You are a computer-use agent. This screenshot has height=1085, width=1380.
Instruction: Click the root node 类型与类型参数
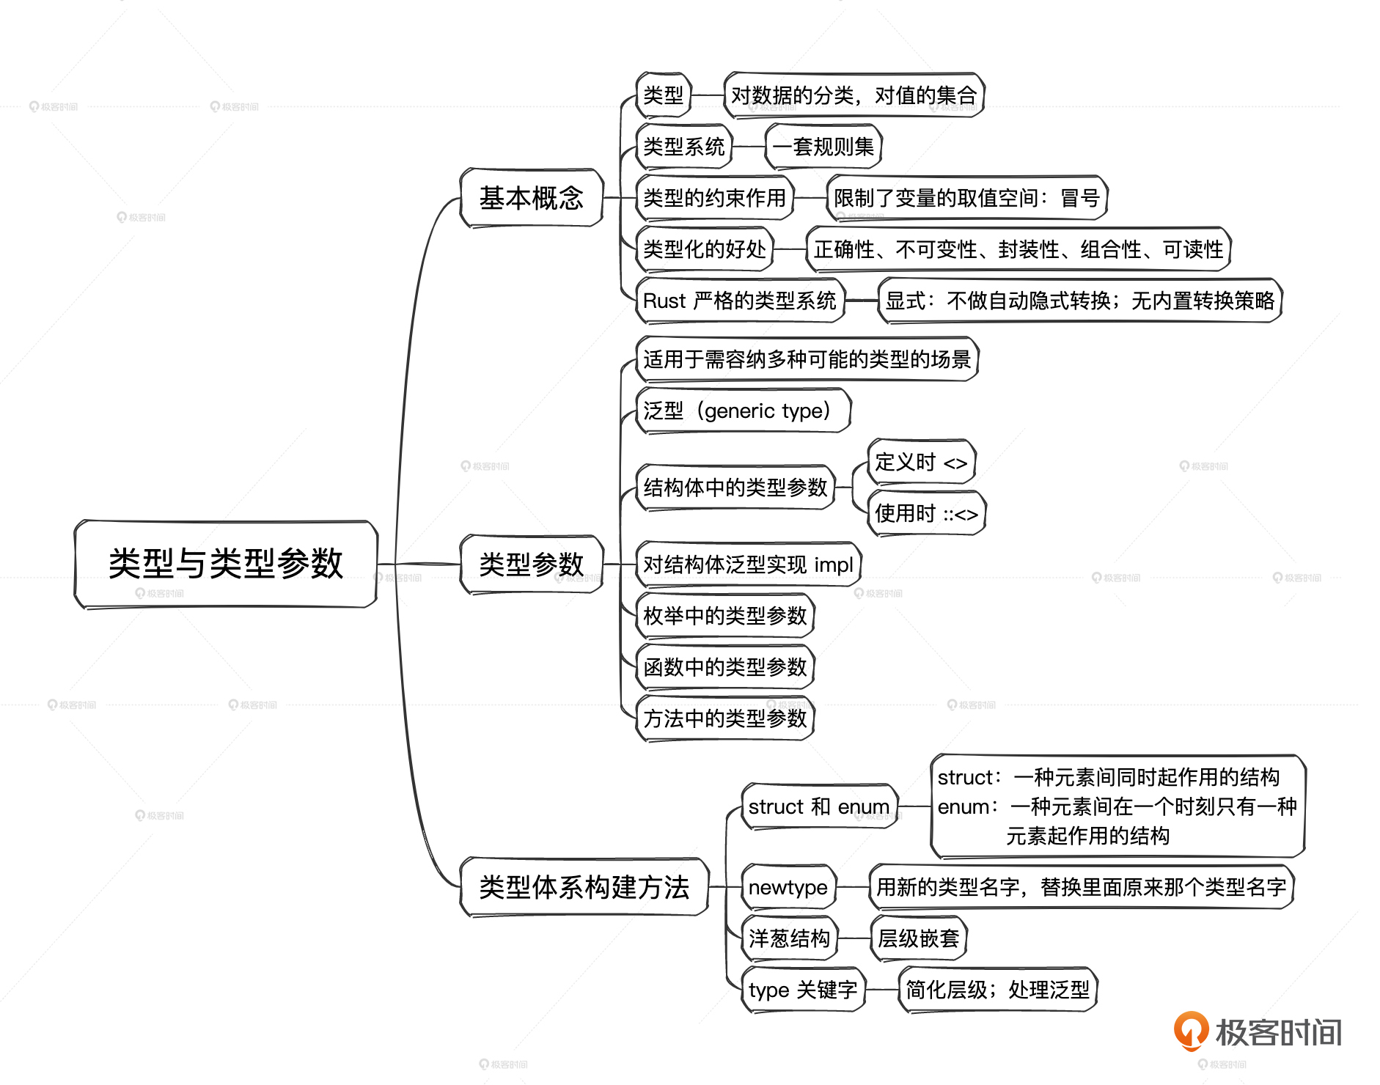click(226, 564)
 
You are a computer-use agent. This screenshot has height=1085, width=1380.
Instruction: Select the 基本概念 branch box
click(531, 198)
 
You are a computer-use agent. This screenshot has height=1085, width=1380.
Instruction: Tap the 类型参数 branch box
click(531, 564)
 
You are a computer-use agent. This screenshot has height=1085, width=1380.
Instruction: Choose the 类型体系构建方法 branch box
click(584, 887)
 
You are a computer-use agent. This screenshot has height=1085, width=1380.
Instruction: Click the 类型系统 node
click(683, 147)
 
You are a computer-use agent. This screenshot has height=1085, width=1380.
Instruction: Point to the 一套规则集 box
click(823, 147)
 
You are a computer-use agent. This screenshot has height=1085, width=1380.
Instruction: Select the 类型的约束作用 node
click(714, 198)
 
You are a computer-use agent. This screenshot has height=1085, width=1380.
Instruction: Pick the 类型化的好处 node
click(704, 249)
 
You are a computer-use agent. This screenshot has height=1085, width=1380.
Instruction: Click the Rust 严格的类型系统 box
click(739, 301)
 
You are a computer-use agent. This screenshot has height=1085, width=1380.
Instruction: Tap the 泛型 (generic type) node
click(742, 411)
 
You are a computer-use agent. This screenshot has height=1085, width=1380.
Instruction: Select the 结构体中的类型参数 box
click(735, 487)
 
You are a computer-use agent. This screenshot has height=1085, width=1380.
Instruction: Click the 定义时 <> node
click(921, 462)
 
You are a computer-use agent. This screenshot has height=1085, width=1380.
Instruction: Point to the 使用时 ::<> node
click(926, 513)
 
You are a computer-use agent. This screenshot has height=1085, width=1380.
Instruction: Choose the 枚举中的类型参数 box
click(724, 616)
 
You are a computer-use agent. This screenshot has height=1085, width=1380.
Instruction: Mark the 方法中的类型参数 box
click(724, 718)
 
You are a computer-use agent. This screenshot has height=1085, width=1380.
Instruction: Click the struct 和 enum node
click(818, 806)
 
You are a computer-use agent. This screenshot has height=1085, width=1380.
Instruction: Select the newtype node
click(788, 887)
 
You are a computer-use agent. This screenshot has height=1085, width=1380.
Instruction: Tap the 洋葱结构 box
click(789, 938)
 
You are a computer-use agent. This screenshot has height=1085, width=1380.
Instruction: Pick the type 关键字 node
click(803, 990)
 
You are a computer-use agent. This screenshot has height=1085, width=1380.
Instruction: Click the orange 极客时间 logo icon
click(1191, 1030)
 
